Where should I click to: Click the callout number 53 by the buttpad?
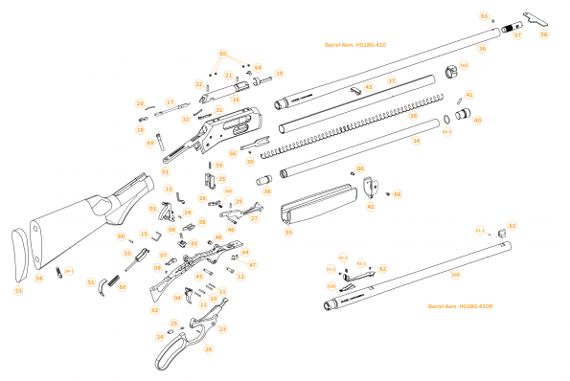click(17, 289)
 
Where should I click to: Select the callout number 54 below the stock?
click(39, 278)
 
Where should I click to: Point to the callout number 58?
click(544, 34)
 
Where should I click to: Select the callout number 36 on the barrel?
click(482, 48)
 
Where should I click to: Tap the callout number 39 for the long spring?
click(413, 116)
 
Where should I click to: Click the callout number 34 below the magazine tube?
click(416, 141)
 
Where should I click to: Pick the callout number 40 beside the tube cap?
click(477, 121)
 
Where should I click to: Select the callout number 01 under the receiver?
click(165, 171)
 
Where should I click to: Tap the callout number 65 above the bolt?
click(223, 53)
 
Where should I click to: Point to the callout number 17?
click(170, 101)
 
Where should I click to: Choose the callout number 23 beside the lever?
click(222, 328)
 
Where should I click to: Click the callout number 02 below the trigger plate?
click(154, 310)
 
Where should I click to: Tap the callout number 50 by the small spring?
click(122, 284)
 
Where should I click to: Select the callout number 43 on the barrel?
click(368, 86)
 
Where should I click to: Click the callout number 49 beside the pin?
click(149, 143)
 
